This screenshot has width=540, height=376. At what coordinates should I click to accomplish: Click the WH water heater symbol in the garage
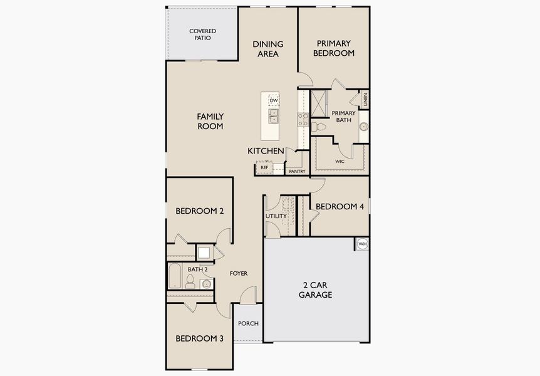click(362, 244)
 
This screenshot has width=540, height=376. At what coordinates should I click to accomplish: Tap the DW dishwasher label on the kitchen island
click(273, 100)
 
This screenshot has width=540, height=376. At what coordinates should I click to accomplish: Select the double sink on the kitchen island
click(273, 115)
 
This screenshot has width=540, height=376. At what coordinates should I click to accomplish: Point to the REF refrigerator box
click(264, 168)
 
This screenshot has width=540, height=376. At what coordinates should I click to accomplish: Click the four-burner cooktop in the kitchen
click(303, 119)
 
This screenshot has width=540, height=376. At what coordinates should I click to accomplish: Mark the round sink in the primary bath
click(363, 127)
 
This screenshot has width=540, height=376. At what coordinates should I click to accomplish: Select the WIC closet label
click(340, 161)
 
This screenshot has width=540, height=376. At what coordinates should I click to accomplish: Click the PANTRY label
click(297, 171)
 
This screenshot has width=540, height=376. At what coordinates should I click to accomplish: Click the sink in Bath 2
click(206, 284)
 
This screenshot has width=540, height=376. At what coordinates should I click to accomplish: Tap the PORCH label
click(248, 323)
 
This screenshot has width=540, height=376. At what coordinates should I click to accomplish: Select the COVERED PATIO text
click(203, 34)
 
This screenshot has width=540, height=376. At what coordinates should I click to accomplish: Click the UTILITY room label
click(276, 216)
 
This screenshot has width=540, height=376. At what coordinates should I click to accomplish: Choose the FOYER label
click(238, 273)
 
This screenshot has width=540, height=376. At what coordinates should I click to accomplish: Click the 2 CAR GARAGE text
click(315, 290)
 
